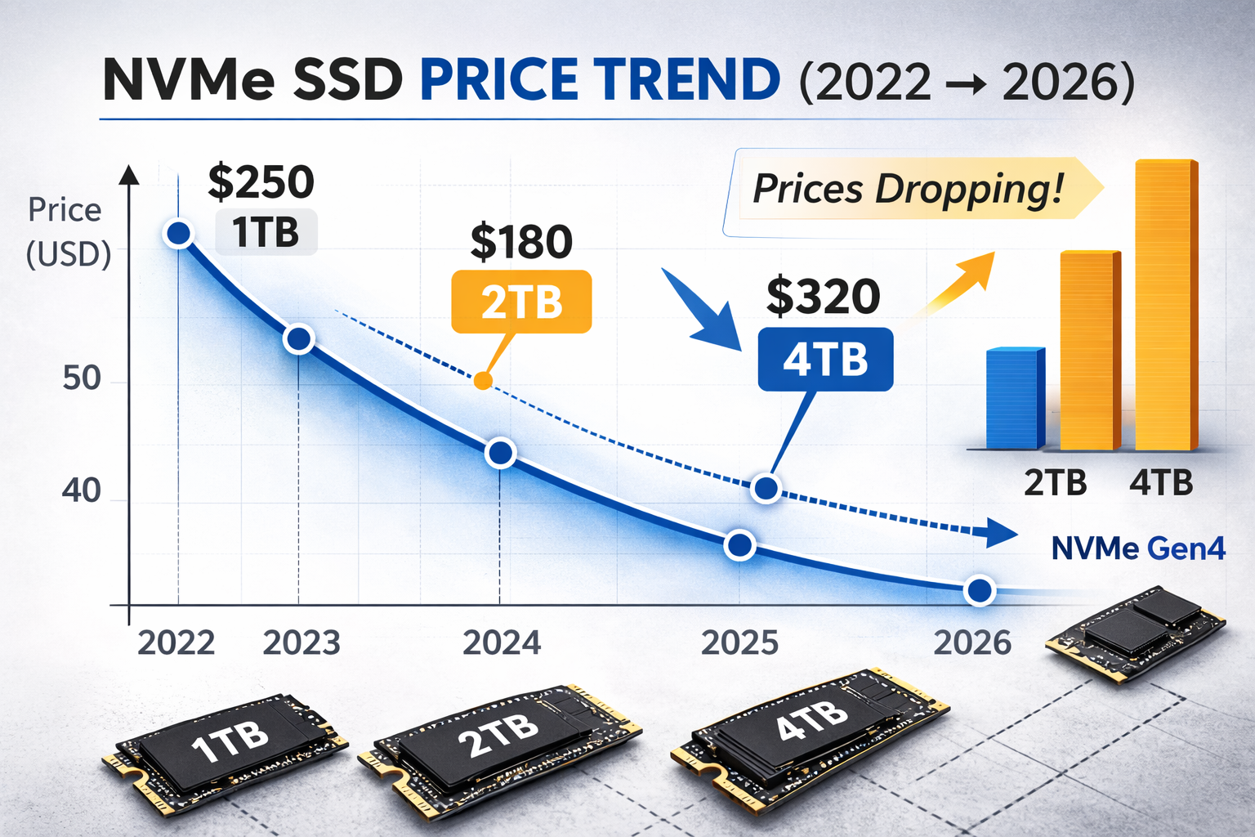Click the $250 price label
261,181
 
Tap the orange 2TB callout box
521,302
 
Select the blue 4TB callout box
825,359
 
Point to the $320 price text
823,296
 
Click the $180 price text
521,242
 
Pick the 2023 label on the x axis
301,643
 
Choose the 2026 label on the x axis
972,643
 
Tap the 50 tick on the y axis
82,378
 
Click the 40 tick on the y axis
82,490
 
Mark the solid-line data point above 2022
179,234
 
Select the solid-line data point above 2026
979,590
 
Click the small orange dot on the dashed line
483,381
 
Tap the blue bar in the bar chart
1016,399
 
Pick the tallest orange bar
1166,305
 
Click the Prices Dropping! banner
907,190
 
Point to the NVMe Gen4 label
1138,548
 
